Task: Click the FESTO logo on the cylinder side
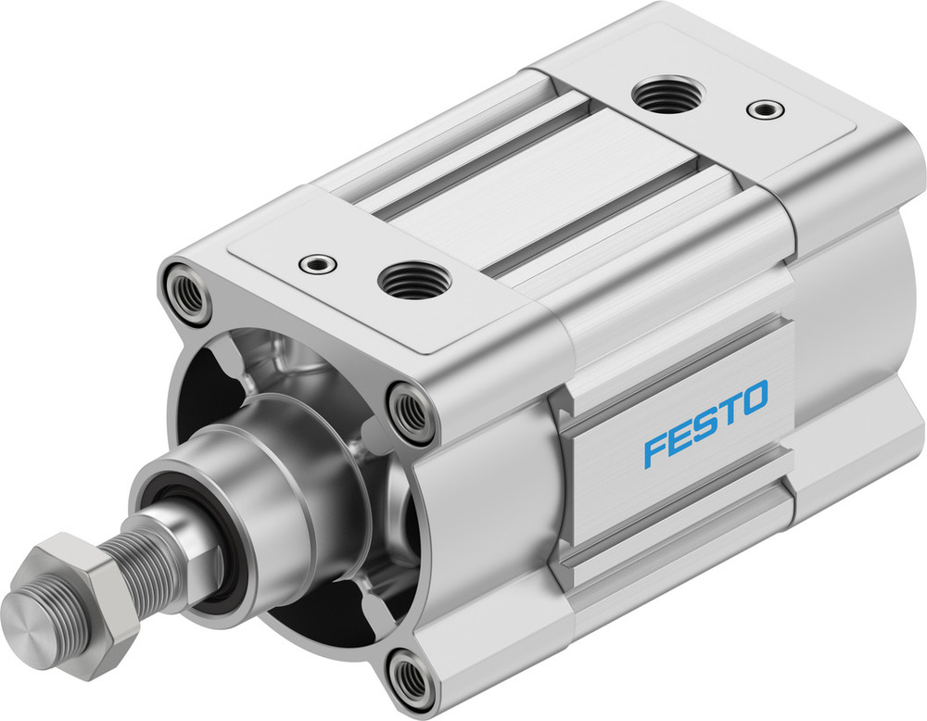pos(706,423)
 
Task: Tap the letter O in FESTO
pos(754,397)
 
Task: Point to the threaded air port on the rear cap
pos(667,94)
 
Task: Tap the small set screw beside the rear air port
pos(765,109)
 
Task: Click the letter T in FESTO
pos(728,411)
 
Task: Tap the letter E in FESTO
pos(680,435)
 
